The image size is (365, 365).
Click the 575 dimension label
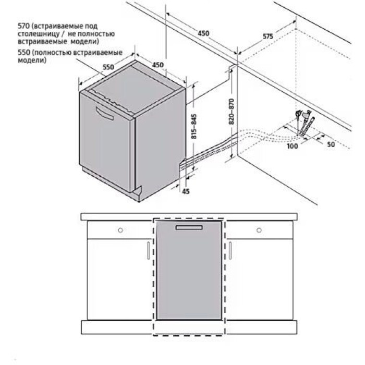pos(267,36)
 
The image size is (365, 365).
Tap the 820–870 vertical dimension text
pos(232,112)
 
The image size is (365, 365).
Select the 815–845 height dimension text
pos(193,126)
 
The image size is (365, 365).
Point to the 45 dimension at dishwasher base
pos(186,191)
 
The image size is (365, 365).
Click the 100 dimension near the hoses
pos(292,146)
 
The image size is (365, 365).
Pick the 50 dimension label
pos(331,144)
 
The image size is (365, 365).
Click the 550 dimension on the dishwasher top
pos(108,67)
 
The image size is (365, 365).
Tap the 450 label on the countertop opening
pos(203,33)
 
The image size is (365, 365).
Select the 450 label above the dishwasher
pos(158,65)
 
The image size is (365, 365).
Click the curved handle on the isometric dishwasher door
pos(104,114)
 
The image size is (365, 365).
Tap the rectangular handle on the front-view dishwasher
pos(189,227)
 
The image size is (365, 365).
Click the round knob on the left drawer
pos(120,230)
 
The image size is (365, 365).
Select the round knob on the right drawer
pos(259,230)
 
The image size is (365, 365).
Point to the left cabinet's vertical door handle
pos(149,250)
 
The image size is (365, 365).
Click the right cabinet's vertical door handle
pos(230,250)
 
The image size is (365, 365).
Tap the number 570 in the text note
pos(24,26)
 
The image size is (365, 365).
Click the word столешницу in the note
pos(39,34)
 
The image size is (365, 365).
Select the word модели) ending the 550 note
pos(32,60)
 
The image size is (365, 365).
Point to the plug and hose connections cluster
pos(305,123)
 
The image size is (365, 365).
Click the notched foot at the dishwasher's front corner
pos(137,193)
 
